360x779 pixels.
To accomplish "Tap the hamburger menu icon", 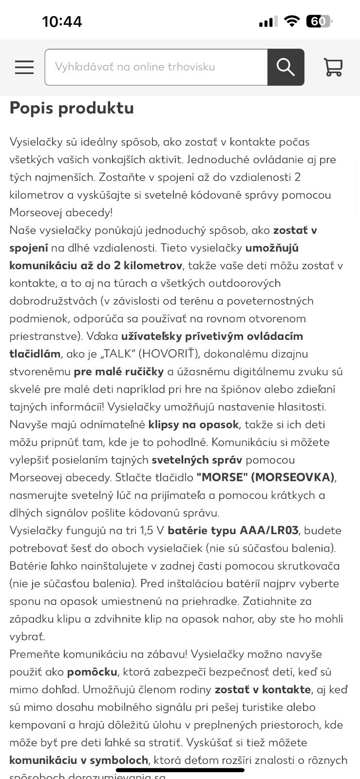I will click(x=24, y=67).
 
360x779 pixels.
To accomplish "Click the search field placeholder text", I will click(x=135, y=67).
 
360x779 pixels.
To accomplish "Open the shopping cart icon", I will click(x=333, y=67).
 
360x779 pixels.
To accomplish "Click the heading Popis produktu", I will click(x=72, y=108).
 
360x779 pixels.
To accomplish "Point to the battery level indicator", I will click(x=319, y=21).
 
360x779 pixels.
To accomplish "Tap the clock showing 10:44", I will click(x=62, y=22).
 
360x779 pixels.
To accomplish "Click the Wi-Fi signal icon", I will click(x=292, y=21).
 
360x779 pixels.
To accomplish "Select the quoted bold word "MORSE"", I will click(x=222, y=477).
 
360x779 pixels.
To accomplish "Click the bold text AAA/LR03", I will click(x=269, y=530).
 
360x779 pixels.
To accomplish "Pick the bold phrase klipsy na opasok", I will click(x=193, y=425).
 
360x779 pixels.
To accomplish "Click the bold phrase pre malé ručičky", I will click(x=119, y=371).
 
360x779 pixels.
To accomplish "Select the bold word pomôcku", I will click(x=92, y=672).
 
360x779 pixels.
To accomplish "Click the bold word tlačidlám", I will click(x=35, y=354).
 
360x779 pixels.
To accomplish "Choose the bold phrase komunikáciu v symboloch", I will click(x=79, y=760).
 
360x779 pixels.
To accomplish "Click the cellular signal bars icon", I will click(x=268, y=21).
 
